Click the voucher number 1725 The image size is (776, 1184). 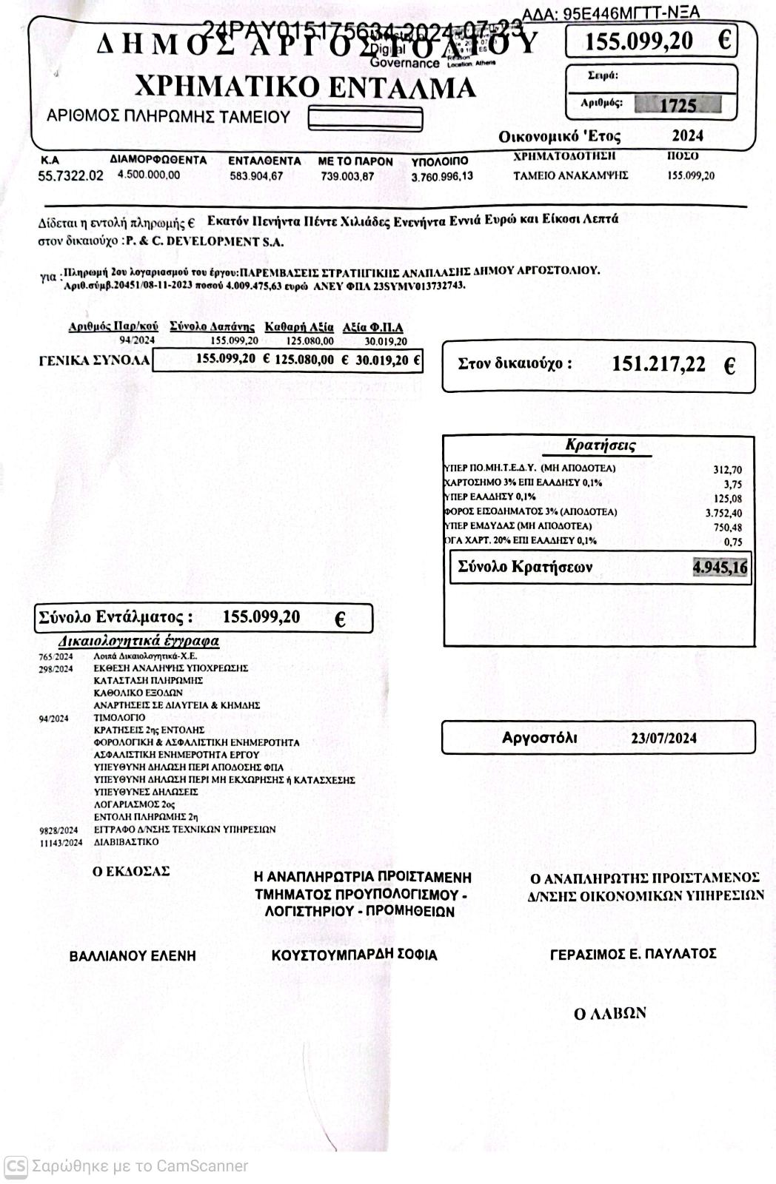click(678, 105)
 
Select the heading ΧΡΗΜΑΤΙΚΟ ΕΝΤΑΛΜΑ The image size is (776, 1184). click(305, 87)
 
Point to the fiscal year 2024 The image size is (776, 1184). click(687, 135)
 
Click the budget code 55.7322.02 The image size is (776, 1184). click(71, 176)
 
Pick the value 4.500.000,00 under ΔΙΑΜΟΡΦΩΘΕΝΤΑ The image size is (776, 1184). click(149, 175)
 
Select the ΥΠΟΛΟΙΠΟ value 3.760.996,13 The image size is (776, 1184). click(442, 176)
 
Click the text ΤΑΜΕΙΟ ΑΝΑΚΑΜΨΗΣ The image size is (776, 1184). click(570, 175)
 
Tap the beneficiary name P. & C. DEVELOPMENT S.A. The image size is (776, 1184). click(204, 241)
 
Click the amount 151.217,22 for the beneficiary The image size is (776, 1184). click(659, 364)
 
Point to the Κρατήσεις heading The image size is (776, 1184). click(600, 445)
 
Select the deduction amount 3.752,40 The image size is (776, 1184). click(723, 513)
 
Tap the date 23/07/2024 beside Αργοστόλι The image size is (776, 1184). click(663, 738)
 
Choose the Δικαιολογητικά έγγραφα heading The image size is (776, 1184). click(138, 641)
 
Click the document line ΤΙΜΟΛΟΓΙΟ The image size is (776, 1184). click(119, 717)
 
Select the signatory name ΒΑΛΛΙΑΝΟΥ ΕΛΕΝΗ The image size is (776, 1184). click(133, 956)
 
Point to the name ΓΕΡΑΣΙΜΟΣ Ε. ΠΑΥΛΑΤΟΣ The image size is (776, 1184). click(633, 954)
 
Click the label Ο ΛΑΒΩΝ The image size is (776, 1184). click(610, 1014)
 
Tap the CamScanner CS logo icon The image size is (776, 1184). click(16, 1166)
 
